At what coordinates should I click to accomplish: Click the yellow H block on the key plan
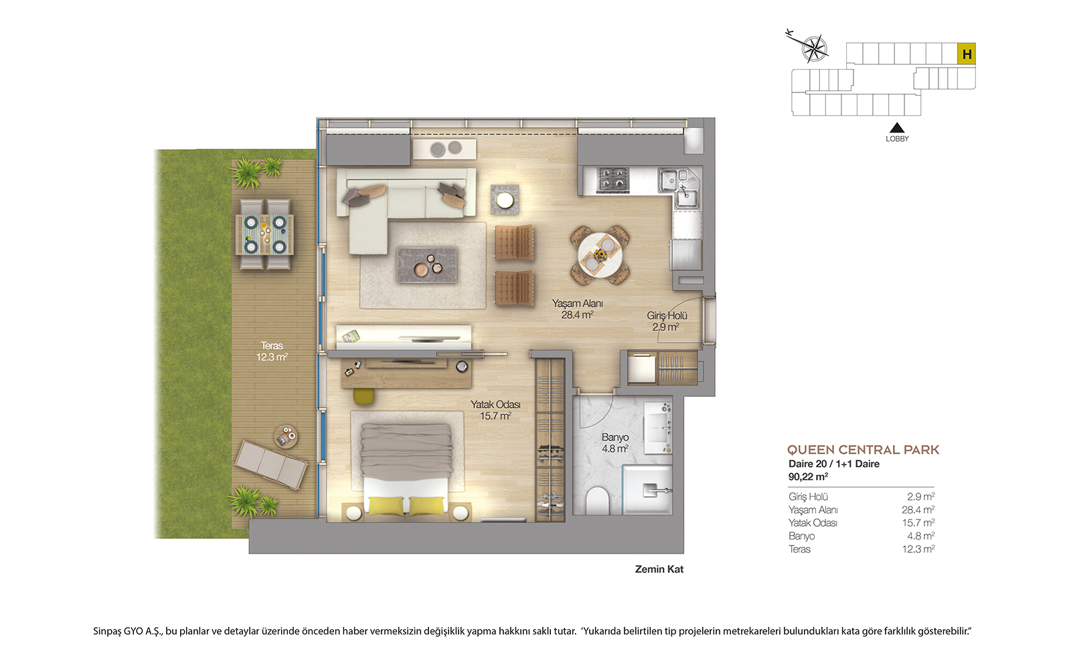[967, 54]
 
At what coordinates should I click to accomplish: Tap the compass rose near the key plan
[813, 48]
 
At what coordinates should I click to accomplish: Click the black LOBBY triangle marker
[897, 128]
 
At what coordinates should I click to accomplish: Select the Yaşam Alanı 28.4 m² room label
[578, 309]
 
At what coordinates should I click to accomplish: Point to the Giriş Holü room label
[667, 321]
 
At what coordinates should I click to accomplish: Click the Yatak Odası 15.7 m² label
[495, 410]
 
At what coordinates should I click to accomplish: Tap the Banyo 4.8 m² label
[615, 442]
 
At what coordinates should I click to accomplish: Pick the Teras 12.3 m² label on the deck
[272, 351]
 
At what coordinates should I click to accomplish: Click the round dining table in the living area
[600, 255]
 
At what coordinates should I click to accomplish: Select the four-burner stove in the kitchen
[612, 179]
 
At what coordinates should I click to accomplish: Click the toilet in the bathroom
[598, 500]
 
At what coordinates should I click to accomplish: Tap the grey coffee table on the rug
[427, 265]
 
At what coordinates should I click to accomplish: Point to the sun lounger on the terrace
[271, 465]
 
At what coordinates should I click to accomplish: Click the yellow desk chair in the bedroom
[363, 396]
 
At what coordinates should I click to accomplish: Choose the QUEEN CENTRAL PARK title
[863, 450]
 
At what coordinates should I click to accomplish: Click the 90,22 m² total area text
[808, 477]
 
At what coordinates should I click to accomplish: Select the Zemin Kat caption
[659, 569]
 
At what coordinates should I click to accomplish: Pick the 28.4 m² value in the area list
[918, 509]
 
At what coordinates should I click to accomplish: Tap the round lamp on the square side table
[505, 199]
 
